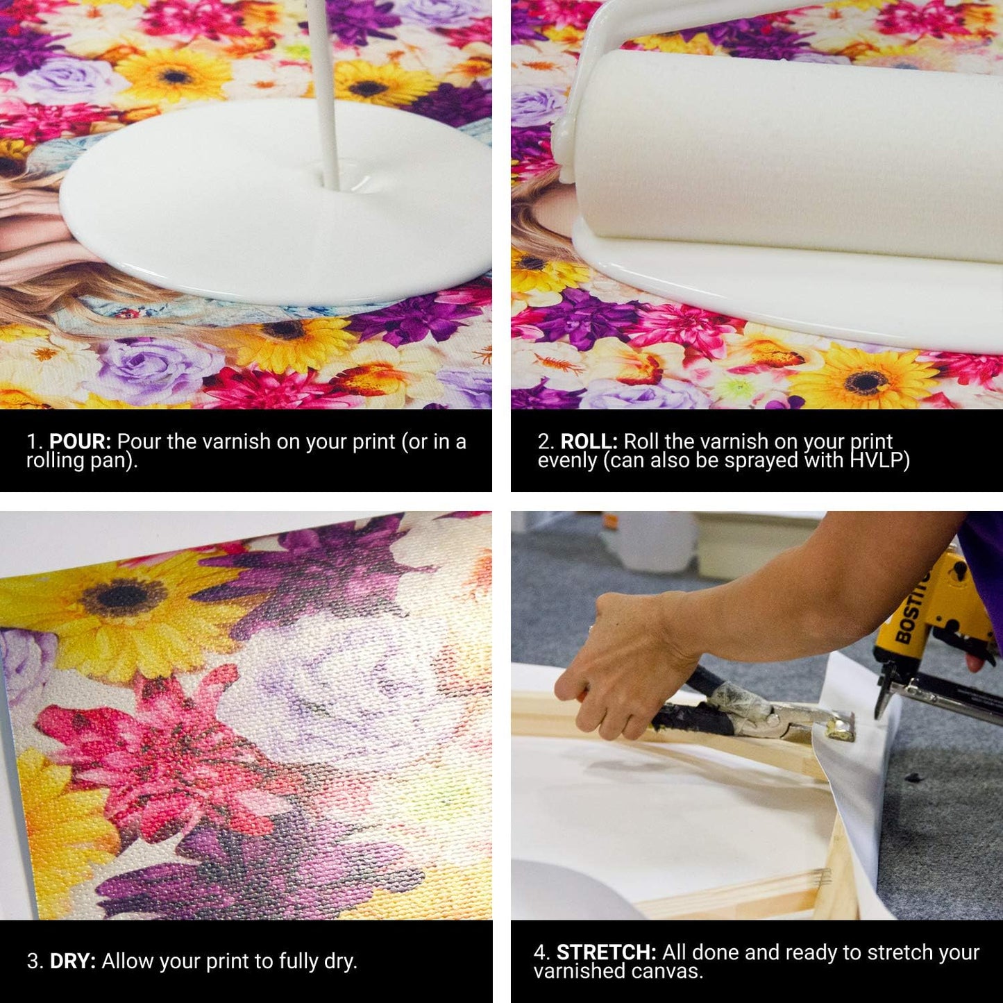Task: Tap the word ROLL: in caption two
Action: click(x=589, y=442)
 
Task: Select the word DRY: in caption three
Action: click(x=73, y=961)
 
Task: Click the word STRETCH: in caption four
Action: click(x=606, y=952)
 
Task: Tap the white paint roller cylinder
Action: click(x=784, y=153)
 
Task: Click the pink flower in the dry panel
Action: click(x=167, y=757)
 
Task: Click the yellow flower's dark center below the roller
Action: click(x=866, y=381)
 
